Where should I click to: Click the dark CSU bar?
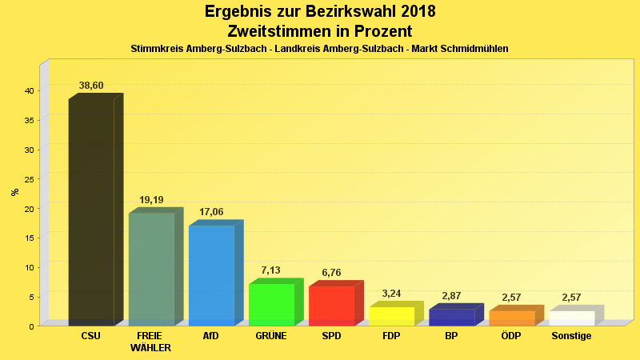tap(91, 212)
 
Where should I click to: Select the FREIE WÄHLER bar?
tap(151, 269)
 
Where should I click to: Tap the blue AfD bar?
tap(211, 275)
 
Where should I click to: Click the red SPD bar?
tap(331, 306)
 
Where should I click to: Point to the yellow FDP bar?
tap(391, 316)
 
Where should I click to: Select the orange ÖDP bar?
tap(511, 318)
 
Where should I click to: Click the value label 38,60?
tap(91, 86)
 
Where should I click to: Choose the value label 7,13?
tap(271, 271)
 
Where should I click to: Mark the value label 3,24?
tap(391, 294)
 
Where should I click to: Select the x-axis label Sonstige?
tap(571, 336)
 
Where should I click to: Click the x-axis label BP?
tap(451, 336)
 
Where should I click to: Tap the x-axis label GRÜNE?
tap(271, 336)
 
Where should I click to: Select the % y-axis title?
tap(14, 192)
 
